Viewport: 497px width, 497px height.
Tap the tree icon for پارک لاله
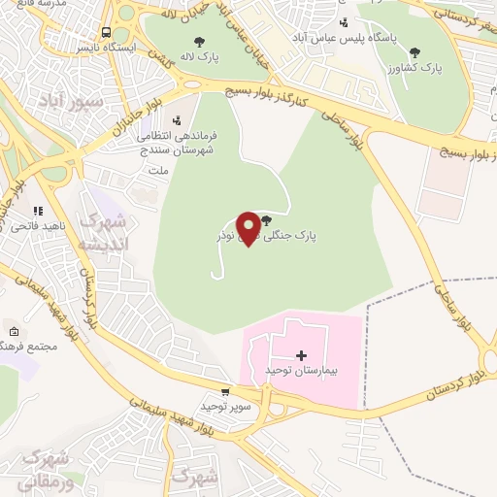tap(200, 42)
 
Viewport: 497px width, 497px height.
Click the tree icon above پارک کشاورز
tap(415, 52)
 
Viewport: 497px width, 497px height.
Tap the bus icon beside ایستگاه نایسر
tap(107, 31)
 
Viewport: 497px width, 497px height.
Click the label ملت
tap(157, 170)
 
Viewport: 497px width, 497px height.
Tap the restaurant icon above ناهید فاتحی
tap(39, 210)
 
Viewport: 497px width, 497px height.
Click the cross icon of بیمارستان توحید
tap(301, 355)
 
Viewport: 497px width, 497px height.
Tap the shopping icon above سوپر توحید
tap(225, 392)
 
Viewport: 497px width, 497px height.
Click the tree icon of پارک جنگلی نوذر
tap(266, 221)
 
